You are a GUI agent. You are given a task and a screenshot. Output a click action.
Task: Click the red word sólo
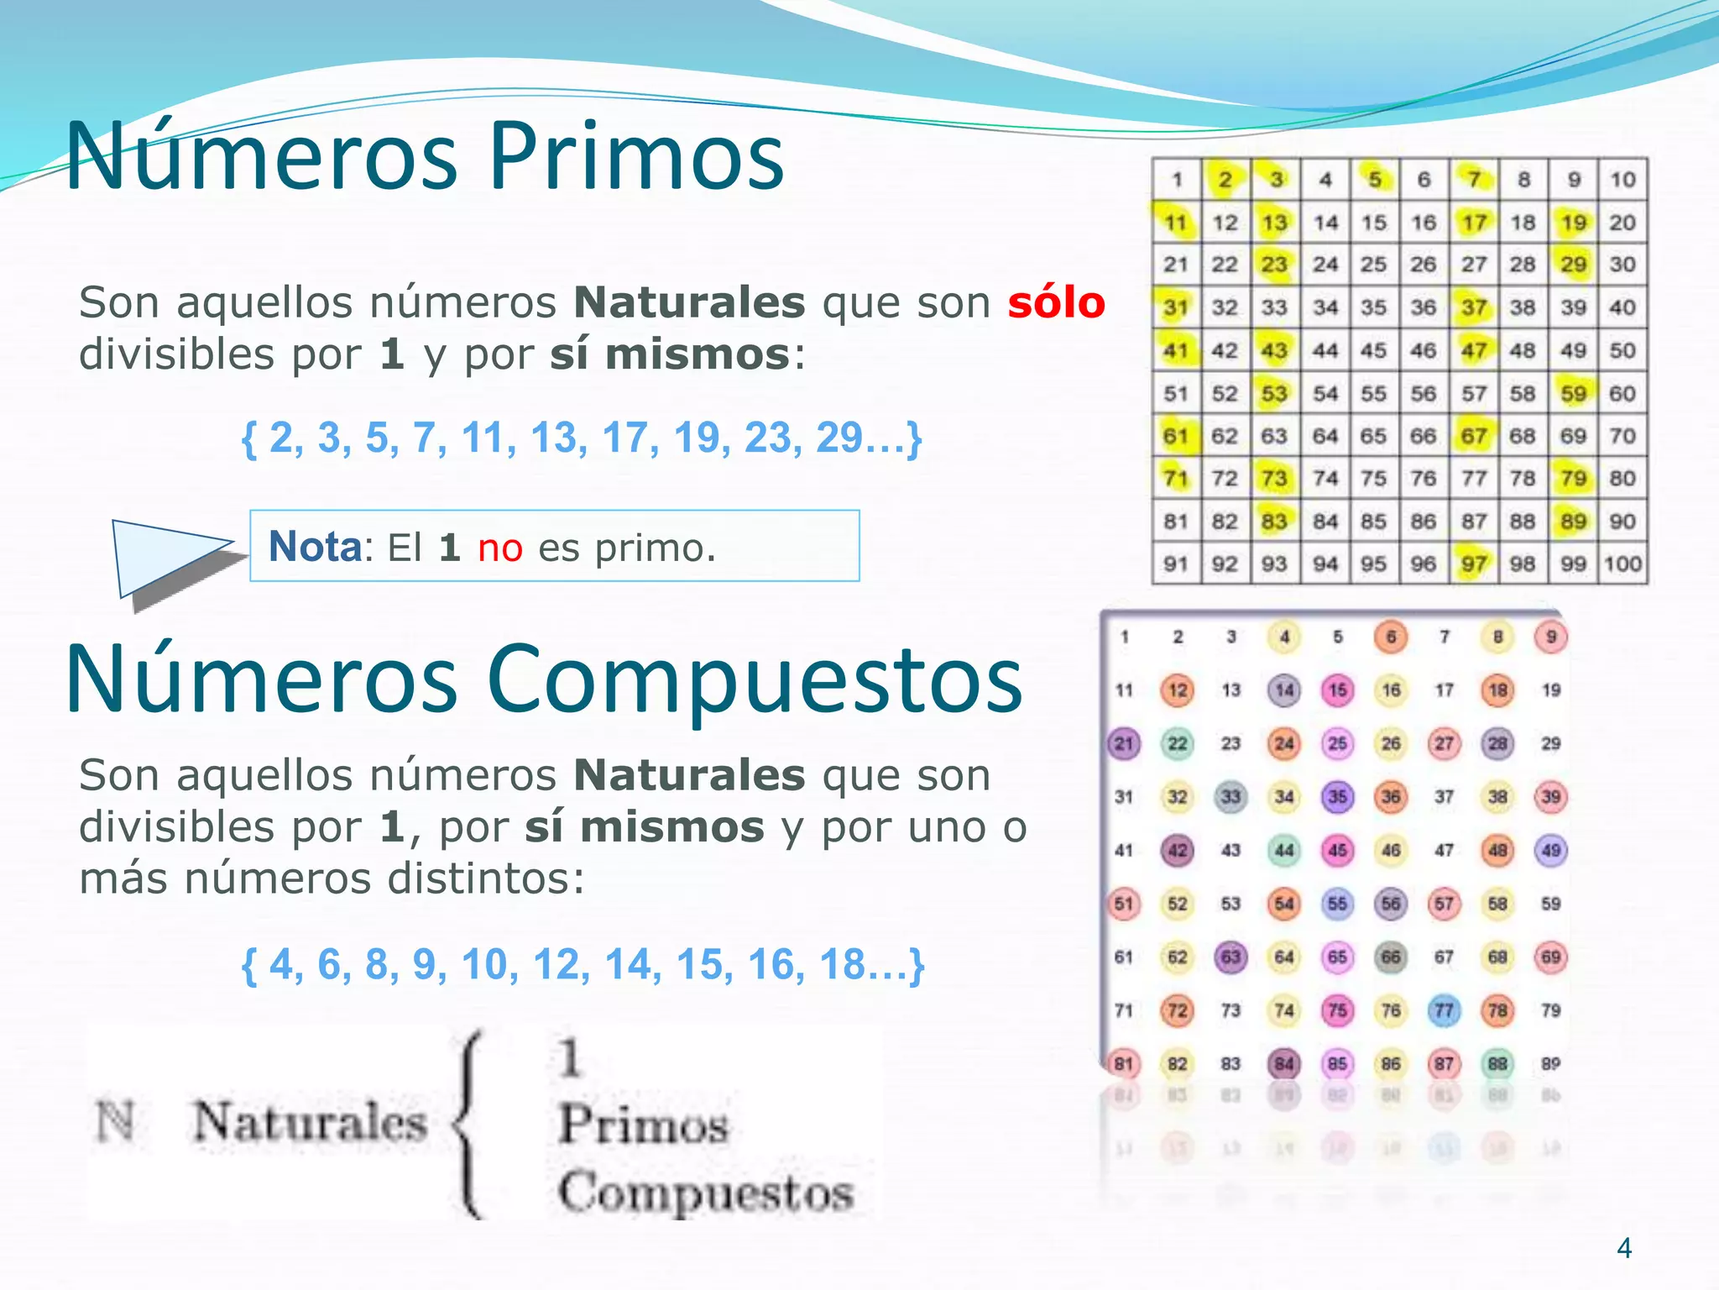(1056, 302)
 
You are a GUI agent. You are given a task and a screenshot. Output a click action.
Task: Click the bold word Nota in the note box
(315, 547)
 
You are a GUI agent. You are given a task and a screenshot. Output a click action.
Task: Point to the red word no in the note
(500, 548)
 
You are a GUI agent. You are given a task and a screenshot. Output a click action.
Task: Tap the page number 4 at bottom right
(1624, 1248)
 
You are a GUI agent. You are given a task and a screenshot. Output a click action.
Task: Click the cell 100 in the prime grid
(1622, 564)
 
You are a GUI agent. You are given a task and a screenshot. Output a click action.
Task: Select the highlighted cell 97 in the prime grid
(1474, 564)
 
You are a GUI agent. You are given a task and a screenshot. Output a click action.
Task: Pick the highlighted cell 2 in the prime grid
(1225, 179)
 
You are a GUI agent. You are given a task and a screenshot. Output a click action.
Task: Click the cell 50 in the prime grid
(1622, 350)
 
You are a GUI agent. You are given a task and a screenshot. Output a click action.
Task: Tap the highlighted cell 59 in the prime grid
(1573, 393)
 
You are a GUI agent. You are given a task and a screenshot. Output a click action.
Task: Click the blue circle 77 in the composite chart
(1444, 1010)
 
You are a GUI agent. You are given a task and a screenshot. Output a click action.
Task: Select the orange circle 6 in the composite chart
(1391, 637)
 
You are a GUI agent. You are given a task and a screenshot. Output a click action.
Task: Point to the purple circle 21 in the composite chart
(1124, 743)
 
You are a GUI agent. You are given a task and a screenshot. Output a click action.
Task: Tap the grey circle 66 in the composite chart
(1391, 957)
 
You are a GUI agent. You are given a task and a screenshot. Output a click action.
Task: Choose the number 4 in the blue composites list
(281, 964)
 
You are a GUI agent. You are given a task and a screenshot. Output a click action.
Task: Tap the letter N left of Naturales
(115, 1121)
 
